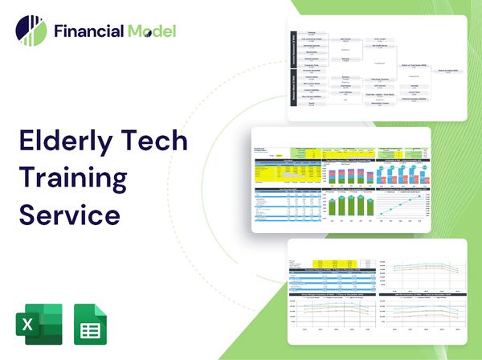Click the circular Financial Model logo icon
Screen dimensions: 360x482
tap(30, 31)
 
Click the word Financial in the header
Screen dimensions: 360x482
tap(88, 32)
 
